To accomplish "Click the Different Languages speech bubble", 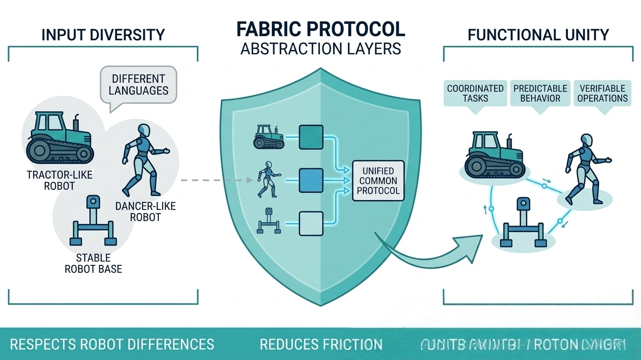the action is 138,84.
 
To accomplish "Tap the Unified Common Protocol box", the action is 378,181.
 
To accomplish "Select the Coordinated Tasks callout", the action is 475,93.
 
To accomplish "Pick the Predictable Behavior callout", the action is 540,93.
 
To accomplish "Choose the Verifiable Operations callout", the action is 602,93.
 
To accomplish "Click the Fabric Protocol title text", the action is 320,29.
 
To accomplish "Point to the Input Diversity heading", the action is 103,35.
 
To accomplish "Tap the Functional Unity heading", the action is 538,35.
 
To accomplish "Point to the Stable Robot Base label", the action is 94,263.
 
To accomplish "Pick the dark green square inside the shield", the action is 311,137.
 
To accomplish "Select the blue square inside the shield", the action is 311,180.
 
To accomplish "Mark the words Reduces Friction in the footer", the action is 321,345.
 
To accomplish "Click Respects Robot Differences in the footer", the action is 112,345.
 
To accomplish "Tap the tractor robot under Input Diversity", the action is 60,136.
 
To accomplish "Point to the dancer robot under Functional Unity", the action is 585,169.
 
